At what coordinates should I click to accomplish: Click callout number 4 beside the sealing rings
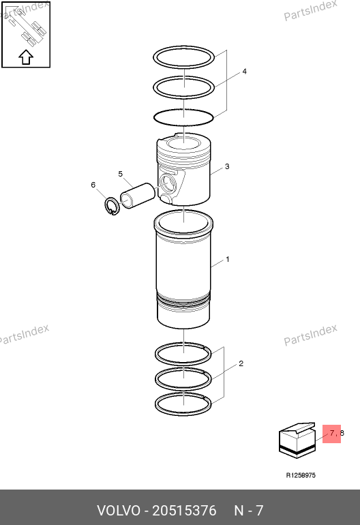(x=245, y=72)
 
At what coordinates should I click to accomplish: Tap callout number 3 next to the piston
(x=227, y=166)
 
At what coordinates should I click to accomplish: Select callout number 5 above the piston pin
(x=121, y=174)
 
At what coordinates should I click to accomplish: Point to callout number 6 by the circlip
(x=93, y=185)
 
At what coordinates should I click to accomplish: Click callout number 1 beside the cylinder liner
(x=228, y=259)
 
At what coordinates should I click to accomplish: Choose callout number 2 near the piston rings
(x=241, y=363)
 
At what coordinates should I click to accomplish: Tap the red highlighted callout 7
(x=331, y=433)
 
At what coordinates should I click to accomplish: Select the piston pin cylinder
(x=137, y=196)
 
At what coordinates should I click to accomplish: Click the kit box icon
(x=297, y=440)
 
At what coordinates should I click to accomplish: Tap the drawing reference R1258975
(x=301, y=475)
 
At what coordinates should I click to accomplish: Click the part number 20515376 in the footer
(x=184, y=511)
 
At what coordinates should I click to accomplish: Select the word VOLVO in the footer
(x=119, y=511)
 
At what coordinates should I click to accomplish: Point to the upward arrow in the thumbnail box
(x=26, y=57)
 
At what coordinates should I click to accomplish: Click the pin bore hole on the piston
(x=167, y=183)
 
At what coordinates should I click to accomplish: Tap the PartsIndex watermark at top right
(x=310, y=10)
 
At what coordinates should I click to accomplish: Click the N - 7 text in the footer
(x=248, y=511)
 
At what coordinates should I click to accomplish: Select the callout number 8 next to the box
(x=342, y=433)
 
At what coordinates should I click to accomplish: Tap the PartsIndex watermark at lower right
(x=310, y=335)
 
